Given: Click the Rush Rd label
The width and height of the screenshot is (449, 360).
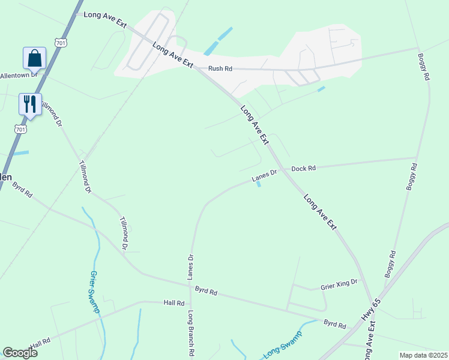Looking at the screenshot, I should click(220, 68).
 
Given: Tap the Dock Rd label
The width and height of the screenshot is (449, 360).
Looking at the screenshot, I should click(303, 169).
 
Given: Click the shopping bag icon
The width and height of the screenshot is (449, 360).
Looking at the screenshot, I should click(34, 58).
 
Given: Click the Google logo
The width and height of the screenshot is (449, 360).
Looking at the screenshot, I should click(20, 352).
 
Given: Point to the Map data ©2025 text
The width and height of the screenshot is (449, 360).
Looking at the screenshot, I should click(423, 355).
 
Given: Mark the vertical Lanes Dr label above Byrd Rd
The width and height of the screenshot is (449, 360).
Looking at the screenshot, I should click(190, 267).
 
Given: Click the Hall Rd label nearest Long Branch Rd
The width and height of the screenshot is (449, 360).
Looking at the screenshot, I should click(173, 303).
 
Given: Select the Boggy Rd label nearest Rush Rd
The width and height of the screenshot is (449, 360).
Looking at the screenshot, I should click(423, 66).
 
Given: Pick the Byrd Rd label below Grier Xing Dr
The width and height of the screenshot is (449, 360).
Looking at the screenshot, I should click(335, 325).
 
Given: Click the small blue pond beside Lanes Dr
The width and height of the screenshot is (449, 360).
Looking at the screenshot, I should click(259, 184).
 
